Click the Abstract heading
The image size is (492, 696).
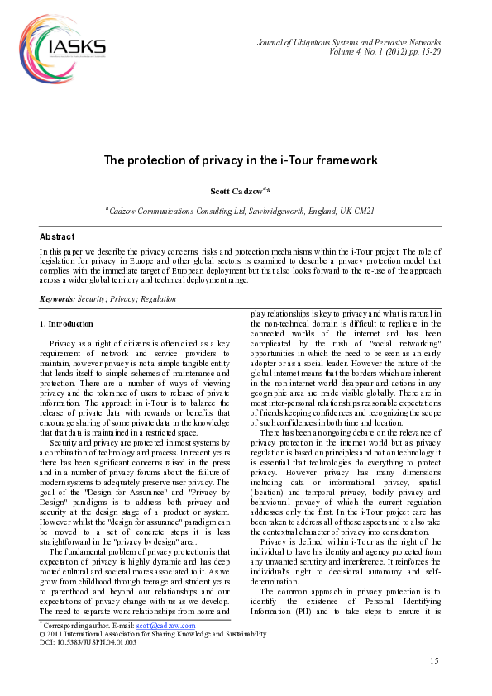pyautogui.click(x=57, y=236)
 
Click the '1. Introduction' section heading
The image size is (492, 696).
pyautogui.click(x=66, y=323)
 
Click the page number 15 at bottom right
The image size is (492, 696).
pyautogui.click(x=434, y=660)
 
